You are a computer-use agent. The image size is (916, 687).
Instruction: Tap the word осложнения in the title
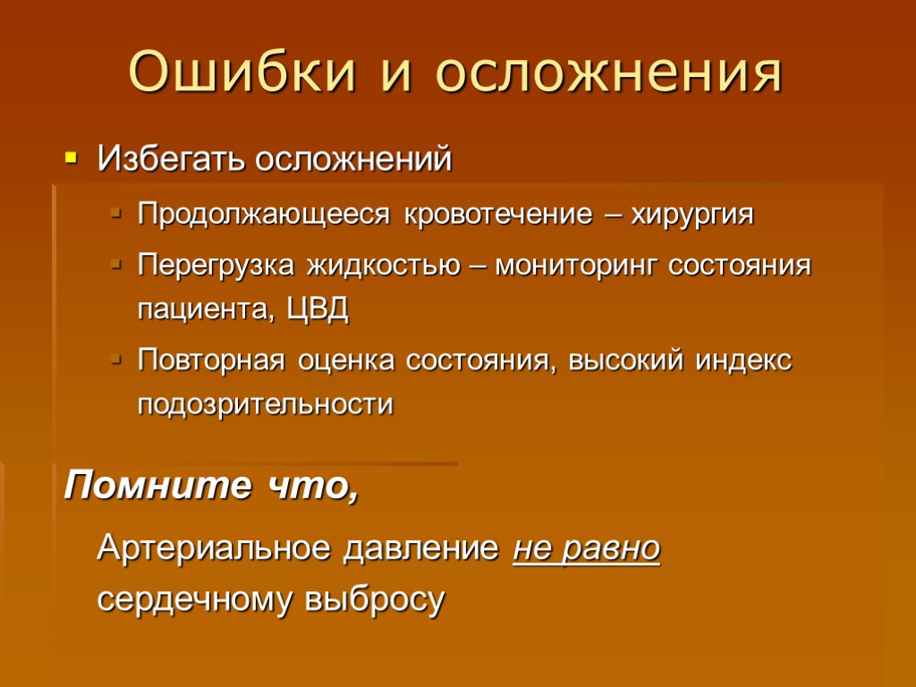609,72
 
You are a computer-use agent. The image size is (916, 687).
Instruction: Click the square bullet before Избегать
72,160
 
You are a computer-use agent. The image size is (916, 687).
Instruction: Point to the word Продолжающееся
265,216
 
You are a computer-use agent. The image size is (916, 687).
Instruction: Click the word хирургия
693,216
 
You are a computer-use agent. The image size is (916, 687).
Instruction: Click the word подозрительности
265,404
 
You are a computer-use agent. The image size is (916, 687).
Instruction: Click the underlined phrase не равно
587,547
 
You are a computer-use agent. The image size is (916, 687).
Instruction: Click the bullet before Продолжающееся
114,216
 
